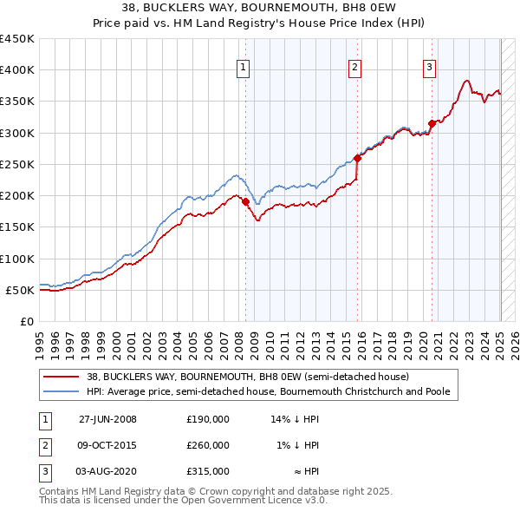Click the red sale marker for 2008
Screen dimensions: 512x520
[245, 201]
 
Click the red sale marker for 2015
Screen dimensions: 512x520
[357, 158]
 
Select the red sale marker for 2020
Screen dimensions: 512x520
[432, 123]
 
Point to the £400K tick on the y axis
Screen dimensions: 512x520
[17, 70]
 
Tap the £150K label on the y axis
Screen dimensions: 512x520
[17, 226]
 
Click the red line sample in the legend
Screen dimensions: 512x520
[62, 377]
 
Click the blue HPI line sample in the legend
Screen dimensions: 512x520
[62, 391]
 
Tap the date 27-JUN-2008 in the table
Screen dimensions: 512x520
[107, 419]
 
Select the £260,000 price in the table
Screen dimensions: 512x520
[208, 445]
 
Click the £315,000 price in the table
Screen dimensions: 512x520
[208, 471]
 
